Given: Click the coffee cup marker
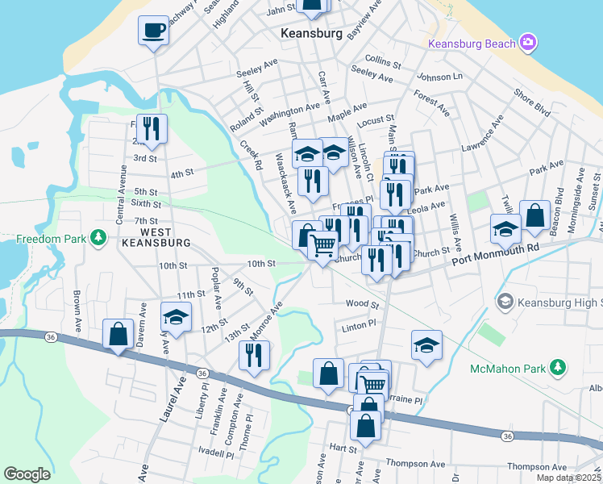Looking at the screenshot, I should [x=153, y=32].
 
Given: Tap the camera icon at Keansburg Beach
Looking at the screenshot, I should [x=528, y=42].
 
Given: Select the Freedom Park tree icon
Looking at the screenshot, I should [x=98, y=237].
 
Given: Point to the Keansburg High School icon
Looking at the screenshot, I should [x=505, y=302].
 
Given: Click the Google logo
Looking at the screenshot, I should [x=27, y=474].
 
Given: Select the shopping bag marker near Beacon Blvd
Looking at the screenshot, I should [x=534, y=215].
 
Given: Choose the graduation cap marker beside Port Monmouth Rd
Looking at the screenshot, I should [x=505, y=228].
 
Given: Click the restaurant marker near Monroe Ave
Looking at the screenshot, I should [x=254, y=355].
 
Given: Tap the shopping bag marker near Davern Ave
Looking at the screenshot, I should [x=119, y=333].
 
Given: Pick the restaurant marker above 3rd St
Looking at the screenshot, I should [x=151, y=128].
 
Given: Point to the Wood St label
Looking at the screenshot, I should [x=362, y=304].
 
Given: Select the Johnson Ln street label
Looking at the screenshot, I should [x=439, y=77].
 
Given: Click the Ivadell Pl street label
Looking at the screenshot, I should [x=215, y=454].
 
